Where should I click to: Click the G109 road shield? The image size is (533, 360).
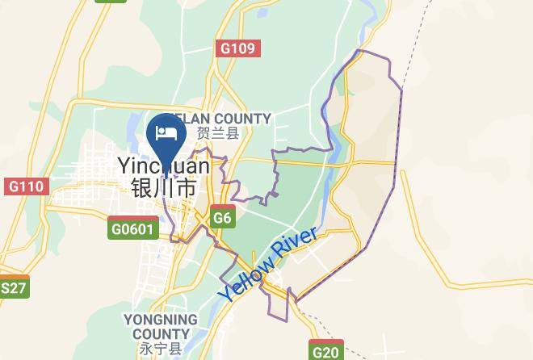[x=238, y=48]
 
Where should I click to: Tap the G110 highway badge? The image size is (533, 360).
[x=25, y=186]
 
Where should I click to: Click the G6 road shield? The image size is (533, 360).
[x=223, y=218]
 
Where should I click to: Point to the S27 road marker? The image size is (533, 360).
[x=14, y=287]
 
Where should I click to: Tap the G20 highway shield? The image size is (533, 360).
[x=326, y=351]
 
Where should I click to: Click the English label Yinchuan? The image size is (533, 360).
[x=164, y=166]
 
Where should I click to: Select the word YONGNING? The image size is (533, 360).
[x=161, y=320]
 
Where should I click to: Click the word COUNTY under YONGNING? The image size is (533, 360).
[x=161, y=334]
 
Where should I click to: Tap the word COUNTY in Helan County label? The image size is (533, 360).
[x=241, y=119]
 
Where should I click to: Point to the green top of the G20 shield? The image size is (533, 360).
[x=326, y=342]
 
